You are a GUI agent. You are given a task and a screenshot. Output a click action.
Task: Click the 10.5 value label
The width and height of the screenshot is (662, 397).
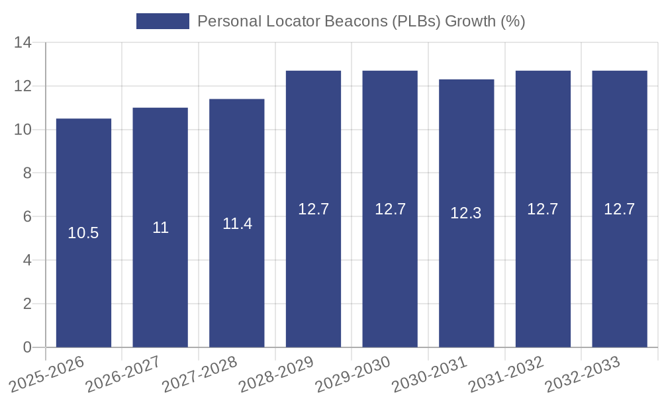pyautogui.click(x=83, y=233)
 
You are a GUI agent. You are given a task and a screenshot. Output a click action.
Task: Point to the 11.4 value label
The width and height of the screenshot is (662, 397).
pyautogui.click(x=237, y=224)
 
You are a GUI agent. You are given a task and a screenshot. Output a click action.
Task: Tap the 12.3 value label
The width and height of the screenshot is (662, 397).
pyautogui.click(x=466, y=213)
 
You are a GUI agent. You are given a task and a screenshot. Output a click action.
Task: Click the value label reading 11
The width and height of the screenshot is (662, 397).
pyautogui.click(x=160, y=228)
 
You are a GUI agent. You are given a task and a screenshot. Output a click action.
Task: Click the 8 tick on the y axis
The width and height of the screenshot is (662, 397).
pyautogui.click(x=27, y=173)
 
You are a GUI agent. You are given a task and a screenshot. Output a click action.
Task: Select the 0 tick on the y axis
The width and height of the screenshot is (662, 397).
pyautogui.click(x=27, y=347)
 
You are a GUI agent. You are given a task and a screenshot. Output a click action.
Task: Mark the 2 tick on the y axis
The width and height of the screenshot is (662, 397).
pyautogui.click(x=27, y=304)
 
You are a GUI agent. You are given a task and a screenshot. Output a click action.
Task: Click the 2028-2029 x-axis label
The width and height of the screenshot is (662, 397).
pyautogui.click(x=277, y=375)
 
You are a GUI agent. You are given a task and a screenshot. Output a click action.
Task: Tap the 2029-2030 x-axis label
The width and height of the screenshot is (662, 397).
pyautogui.click(x=354, y=375)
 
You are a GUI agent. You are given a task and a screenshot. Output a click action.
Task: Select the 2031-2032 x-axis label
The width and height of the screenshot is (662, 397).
pyautogui.click(x=506, y=375)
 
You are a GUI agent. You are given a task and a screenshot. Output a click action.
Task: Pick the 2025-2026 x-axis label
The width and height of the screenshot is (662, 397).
pyautogui.click(x=48, y=375)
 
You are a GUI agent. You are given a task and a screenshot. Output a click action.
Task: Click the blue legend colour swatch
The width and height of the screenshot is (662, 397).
pyautogui.click(x=162, y=21)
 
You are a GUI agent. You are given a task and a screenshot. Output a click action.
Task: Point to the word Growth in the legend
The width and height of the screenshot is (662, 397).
pyautogui.click(x=470, y=21)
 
